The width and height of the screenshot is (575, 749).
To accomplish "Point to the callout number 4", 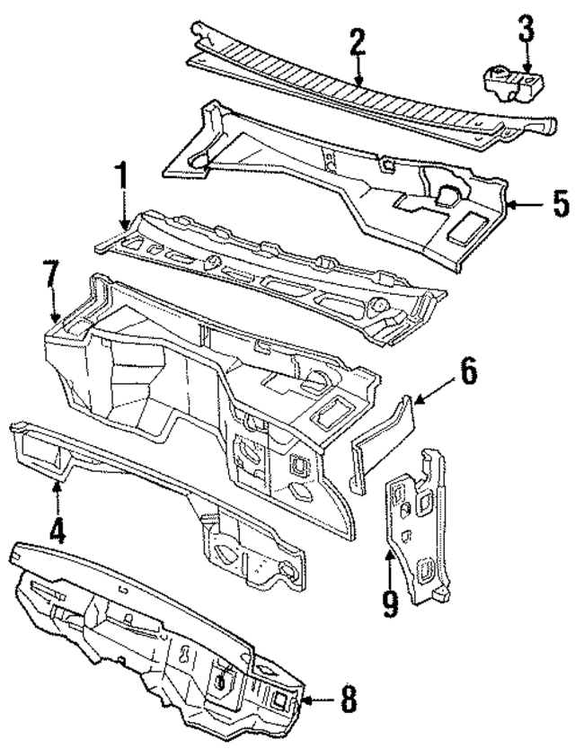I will tap(57, 530).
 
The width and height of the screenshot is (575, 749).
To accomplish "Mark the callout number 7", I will tap(52, 276).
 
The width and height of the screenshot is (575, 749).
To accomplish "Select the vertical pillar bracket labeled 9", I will tap(418, 531).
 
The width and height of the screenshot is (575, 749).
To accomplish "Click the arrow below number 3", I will tap(526, 61).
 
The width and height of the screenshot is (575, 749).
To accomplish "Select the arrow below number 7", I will tap(55, 311).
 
